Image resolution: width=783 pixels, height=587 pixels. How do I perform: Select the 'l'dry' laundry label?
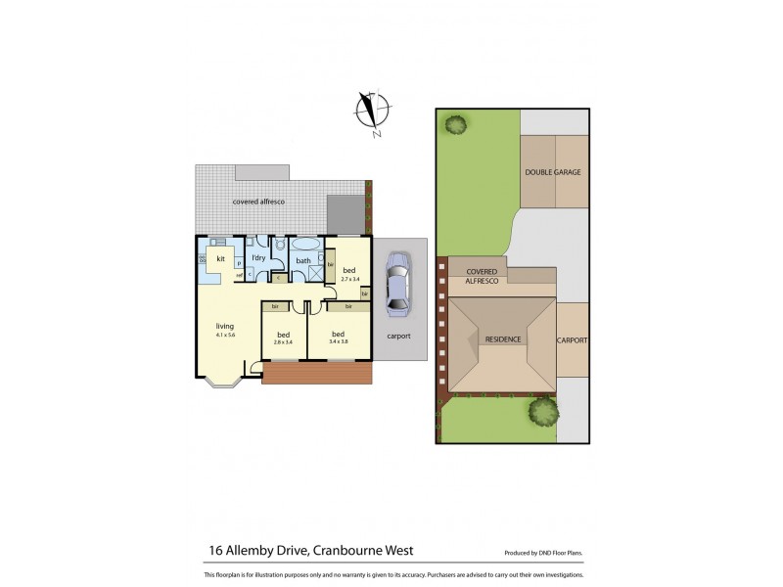pos(258,258)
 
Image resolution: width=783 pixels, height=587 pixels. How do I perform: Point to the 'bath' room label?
pos(303,261)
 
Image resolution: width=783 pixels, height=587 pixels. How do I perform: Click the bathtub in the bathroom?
pos(303,246)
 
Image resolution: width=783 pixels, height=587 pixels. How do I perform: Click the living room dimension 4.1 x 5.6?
pos(226,336)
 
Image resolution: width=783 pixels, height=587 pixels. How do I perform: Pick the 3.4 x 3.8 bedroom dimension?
pos(339,342)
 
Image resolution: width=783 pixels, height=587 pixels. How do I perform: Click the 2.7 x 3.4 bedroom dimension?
pos(349,279)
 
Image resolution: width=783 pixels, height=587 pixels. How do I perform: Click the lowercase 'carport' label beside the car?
pos(398,336)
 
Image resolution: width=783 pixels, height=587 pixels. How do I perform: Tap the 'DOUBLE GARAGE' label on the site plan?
pos(553,172)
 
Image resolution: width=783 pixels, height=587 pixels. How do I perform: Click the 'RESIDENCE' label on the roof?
pos(503,339)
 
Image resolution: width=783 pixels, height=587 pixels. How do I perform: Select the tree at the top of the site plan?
pos(455,125)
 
